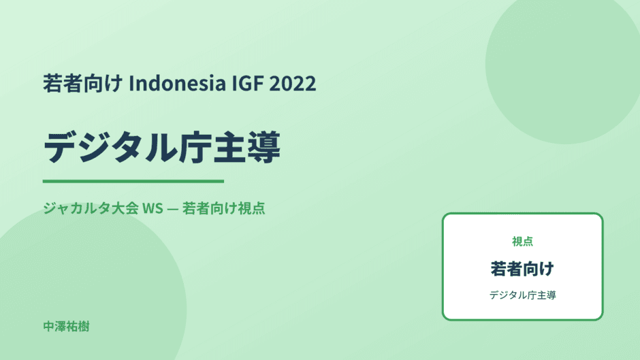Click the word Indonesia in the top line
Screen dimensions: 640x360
click(178, 83)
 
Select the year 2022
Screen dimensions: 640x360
click(293, 83)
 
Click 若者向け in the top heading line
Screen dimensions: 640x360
click(83, 83)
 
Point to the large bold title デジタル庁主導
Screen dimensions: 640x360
click(162, 148)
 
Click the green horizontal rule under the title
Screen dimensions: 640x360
click(133, 181)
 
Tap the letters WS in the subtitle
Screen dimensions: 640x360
click(153, 208)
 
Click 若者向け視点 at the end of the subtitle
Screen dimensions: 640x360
click(224, 208)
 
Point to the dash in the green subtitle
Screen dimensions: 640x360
click(173, 209)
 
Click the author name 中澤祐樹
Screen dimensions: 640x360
click(66, 327)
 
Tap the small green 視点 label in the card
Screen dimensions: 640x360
click(522, 242)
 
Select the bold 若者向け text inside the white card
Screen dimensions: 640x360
click(522, 269)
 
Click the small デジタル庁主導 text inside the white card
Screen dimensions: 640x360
click(522, 295)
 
